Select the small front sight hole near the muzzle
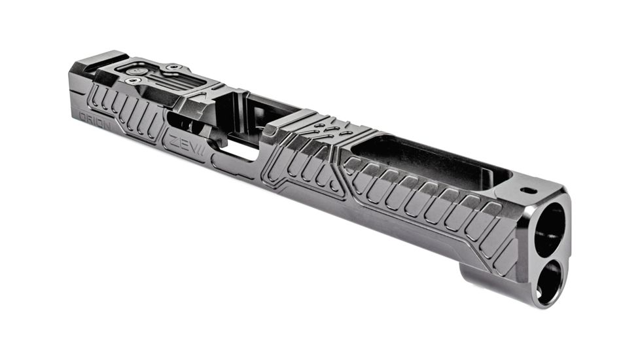(528, 190)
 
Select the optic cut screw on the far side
(173, 67)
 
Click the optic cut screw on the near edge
(135, 81)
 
